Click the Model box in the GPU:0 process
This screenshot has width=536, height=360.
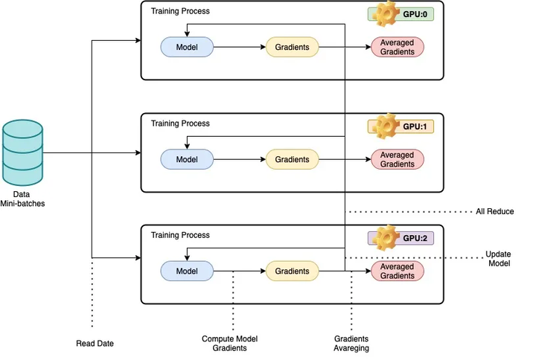[187, 48]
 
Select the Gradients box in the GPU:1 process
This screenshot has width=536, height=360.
[292, 159]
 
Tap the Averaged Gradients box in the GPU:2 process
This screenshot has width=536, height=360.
[397, 271]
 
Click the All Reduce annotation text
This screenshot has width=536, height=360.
[495, 212]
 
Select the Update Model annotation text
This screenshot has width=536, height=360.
[498, 258]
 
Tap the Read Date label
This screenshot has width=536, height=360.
[95, 343]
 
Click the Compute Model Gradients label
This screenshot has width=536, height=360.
[232, 344]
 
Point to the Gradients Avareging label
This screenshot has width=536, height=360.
[351, 344]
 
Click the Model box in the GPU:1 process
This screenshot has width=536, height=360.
[187, 159]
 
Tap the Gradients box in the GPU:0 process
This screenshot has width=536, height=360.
[292, 48]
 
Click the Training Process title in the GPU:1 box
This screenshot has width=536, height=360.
[180, 123]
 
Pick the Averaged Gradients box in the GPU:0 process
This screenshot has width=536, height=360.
[397, 48]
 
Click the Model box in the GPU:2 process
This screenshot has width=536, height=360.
[187, 271]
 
